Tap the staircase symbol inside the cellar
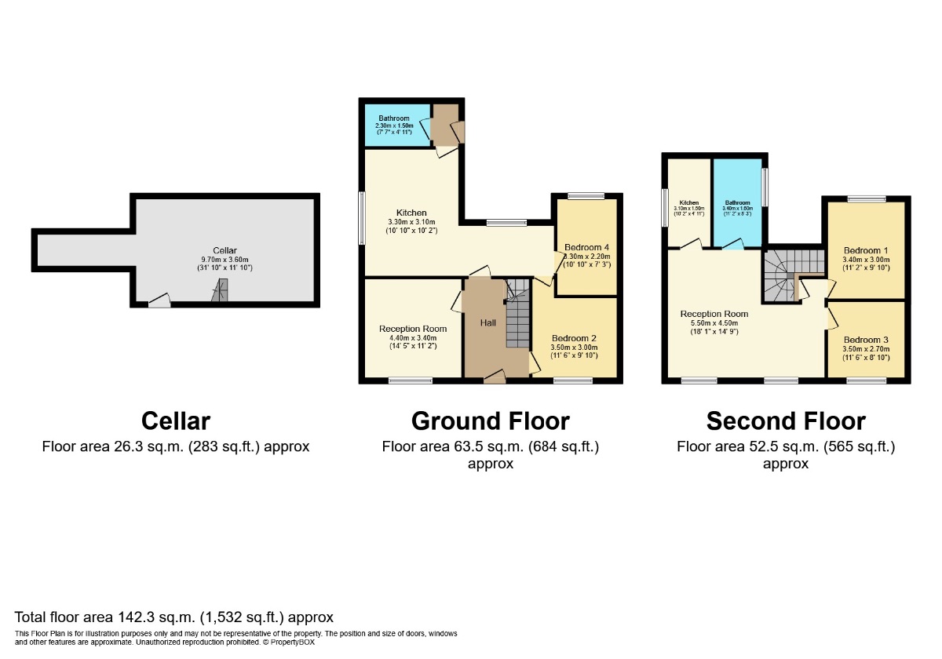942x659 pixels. click(x=220, y=293)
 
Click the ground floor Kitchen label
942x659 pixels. click(x=411, y=213)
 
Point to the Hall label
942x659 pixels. click(x=487, y=323)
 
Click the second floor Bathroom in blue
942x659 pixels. click(x=737, y=204)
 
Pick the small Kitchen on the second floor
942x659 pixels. click(x=689, y=204)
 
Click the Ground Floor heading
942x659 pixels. click(x=490, y=421)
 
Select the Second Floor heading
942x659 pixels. click(x=786, y=421)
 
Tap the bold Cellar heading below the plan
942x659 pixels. click(x=176, y=421)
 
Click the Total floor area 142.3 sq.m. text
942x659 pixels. click(x=174, y=617)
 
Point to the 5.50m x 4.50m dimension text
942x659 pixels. click(x=714, y=323)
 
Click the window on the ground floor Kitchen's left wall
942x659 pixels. click(x=362, y=218)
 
